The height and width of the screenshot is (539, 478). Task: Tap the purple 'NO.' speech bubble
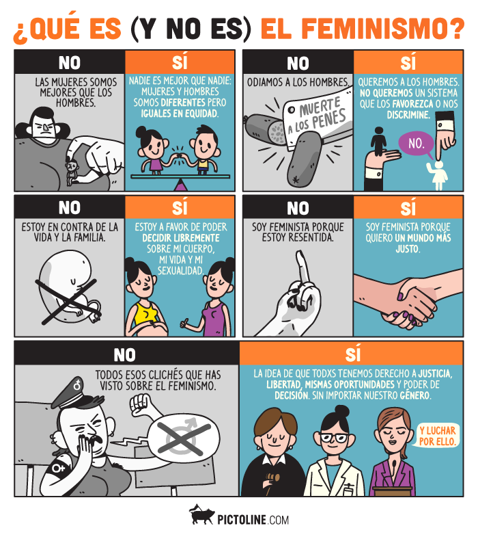coord(416,144)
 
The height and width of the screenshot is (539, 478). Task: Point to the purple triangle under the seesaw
coord(180,184)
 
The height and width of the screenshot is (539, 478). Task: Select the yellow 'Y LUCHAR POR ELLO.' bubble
coord(439,436)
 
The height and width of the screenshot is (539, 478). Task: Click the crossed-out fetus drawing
coord(68,287)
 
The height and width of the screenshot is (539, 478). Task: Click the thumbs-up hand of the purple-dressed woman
coord(186,321)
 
